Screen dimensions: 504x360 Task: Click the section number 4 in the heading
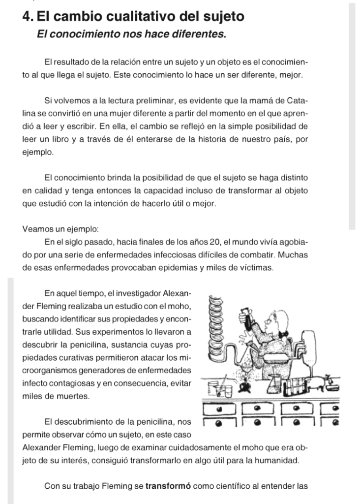[x=27, y=17]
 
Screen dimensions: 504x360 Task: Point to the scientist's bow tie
[x=283, y=334]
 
